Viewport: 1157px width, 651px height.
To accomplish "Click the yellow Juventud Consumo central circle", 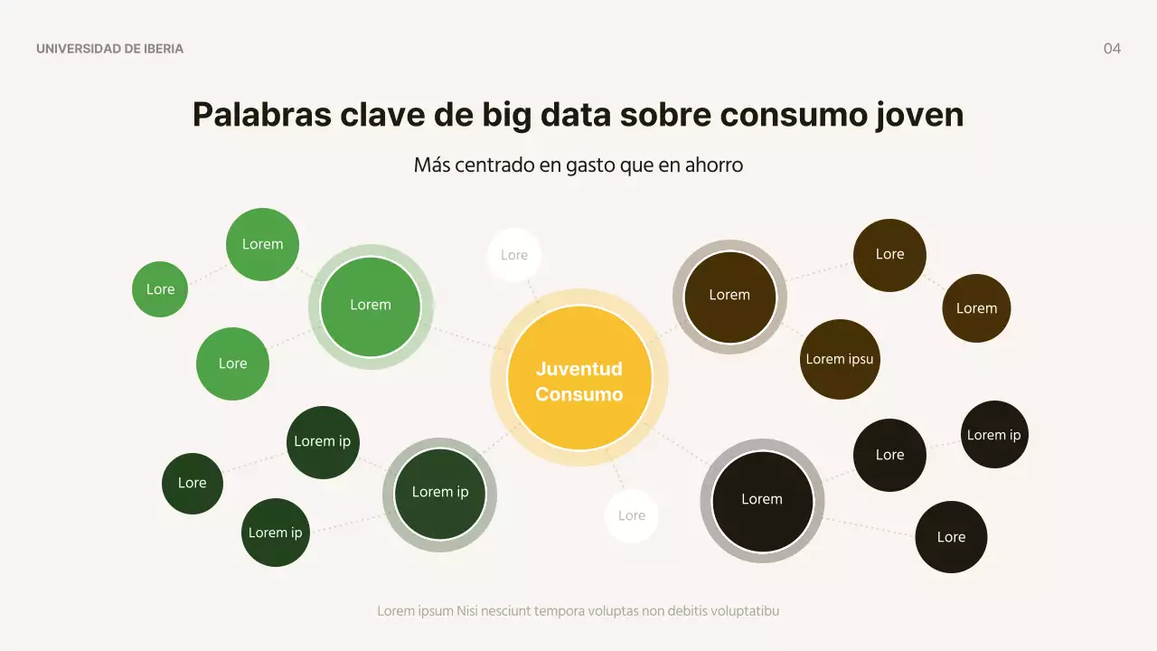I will pyautogui.click(x=579, y=379).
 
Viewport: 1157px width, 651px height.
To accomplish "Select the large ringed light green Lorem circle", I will pyautogui.click(x=371, y=306).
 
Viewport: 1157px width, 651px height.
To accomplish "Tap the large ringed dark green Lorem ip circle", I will pyautogui.click(x=440, y=494).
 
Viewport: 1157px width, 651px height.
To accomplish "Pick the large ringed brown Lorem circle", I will pyautogui.click(x=729, y=296).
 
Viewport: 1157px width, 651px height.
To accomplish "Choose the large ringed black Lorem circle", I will pyautogui.click(x=762, y=500).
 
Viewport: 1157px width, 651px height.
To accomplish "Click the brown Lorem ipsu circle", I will pyautogui.click(x=840, y=360).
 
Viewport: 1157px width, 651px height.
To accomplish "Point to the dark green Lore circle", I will pyautogui.click(x=193, y=484).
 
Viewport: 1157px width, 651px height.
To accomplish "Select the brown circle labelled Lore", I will pyautogui.click(x=889, y=255).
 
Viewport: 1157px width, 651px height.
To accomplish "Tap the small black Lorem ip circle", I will pyautogui.click(x=994, y=435).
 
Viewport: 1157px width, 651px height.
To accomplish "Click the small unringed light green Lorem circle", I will pyautogui.click(x=262, y=244).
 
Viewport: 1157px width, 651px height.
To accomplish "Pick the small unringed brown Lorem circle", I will pyautogui.click(x=976, y=308).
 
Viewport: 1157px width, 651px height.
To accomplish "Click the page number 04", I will pyautogui.click(x=1112, y=49).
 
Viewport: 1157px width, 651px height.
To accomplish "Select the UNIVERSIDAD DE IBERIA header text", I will pyautogui.click(x=109, y=49).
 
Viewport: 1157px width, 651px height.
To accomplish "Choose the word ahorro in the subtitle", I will pyautogui.click(x=714, y=165).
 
